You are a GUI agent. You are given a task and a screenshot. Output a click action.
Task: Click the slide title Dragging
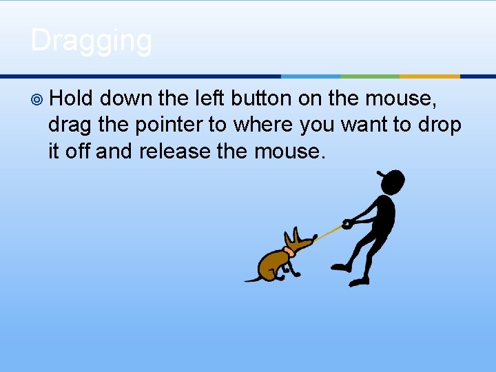point(91,41)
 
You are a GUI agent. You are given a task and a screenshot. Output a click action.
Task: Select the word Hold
point(71,99)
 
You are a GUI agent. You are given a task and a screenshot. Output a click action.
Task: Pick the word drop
point(437,125)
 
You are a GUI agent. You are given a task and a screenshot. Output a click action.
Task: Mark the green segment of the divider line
point(370,76)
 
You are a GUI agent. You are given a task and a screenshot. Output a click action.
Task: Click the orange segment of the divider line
point(429,76)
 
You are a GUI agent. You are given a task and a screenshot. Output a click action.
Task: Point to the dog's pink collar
point(289,251)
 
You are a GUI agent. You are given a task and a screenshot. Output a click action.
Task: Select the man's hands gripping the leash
point(349,223)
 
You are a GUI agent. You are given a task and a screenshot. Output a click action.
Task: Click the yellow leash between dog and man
point(329,231)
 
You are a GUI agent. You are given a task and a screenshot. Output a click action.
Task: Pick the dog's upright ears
point(298,236)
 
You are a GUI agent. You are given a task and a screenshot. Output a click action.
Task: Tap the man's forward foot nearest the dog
point(339,267)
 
